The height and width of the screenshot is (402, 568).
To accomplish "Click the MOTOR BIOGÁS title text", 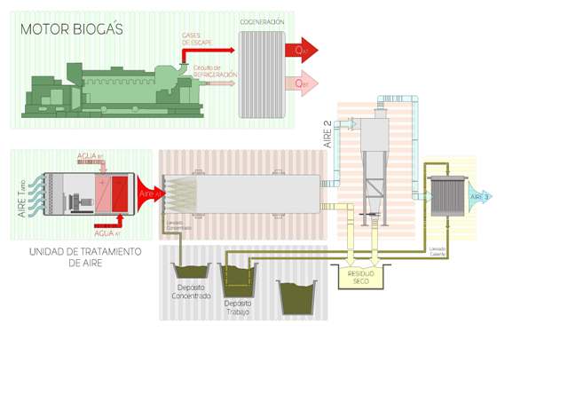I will (72, 29).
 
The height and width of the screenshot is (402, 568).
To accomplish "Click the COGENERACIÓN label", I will (262, 21).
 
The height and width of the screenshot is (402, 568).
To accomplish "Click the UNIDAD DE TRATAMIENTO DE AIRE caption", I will (85, 256).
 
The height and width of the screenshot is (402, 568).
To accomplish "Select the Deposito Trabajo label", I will (237, 307).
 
